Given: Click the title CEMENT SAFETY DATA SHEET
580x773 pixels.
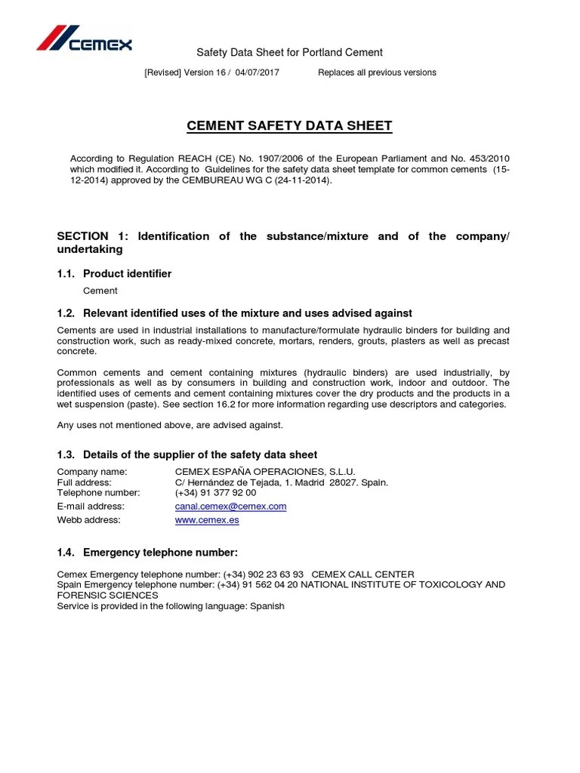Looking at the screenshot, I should pyautogui.click(x=289, y=126).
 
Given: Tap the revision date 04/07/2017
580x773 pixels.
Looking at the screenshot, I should pyautogui.click(x=258, y=72).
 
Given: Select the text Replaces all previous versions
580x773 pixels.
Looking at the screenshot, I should pyautogui.click(x=377, y=72).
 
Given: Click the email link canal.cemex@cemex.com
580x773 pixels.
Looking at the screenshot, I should pyautogui.click(x=230, y=507).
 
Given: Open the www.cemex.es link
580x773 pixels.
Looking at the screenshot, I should pyautogui.click(x=202, y=520).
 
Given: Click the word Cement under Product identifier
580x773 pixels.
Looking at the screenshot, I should pyautogui.click(x=100, y=291).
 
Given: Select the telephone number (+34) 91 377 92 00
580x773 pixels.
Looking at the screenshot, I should pyautogui.click(x=215, y=493).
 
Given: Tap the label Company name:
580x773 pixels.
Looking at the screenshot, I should pyautogui.click(x=92, y=472).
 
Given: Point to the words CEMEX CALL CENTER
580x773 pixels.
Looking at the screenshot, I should pyautogui.click(x=362, y=574).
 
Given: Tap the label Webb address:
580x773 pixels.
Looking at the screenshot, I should pyautogui.click(x=88, y=520).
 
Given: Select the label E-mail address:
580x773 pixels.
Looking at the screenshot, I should pyautogui.click(x=91, y=507).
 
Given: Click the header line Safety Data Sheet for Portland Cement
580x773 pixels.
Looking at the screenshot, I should pyautogui.click(x=289, y=52).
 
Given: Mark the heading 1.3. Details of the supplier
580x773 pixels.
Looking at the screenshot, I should pyautogui.click(x=187, y=454).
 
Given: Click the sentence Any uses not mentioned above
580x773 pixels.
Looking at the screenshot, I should pyautogui.click(x=170, y=425).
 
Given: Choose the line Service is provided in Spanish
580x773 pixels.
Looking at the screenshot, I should pyautogui.click(x=171, y=606).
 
